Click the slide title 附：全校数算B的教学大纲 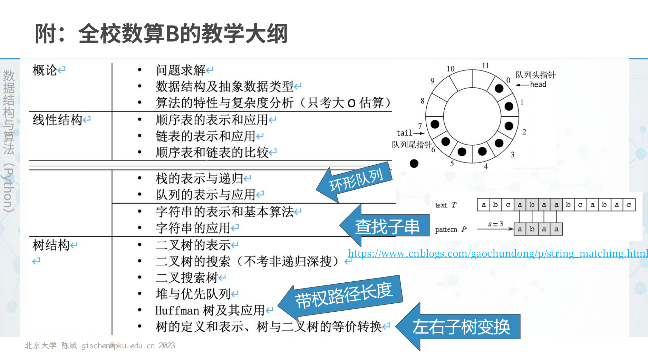pos(161,34)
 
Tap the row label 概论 pos(45,70)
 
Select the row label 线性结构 pos(57,120)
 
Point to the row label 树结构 pos(51,245)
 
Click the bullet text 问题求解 pos(181,70)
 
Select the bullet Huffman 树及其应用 pos(210,311)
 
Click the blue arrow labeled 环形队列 pos(356,179)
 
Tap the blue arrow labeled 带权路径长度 pos(344,295)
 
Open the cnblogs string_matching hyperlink pos(497,254)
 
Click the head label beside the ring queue pos(538,85)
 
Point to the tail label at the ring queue pos(404,133)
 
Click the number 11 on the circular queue pos(485,66)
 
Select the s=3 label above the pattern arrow pos(496,224)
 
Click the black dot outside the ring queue pos(414,164)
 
